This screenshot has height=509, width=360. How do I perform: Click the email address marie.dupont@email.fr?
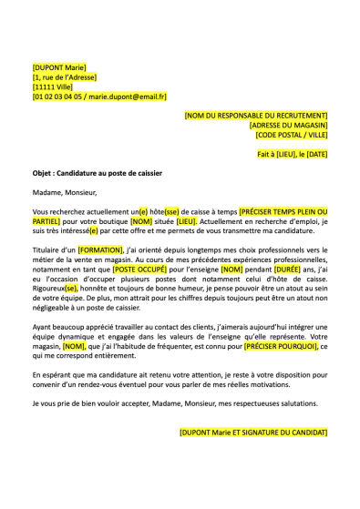(132, 97)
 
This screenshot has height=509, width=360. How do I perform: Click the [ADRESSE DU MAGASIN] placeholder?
(287, 125)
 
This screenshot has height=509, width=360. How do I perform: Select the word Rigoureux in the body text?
(46, 291)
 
